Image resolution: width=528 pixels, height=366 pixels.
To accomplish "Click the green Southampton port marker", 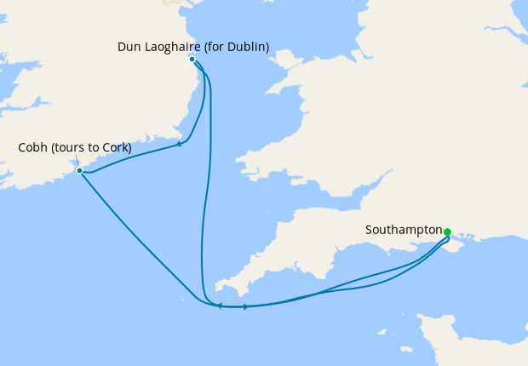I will [447, 232].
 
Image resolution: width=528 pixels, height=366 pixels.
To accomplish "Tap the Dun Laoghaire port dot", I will [192, 59].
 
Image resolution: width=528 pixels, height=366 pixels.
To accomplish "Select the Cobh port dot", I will [79, 170].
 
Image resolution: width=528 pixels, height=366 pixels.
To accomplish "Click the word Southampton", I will [404, 230].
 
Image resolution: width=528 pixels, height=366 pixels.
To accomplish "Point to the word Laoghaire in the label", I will [172, 47].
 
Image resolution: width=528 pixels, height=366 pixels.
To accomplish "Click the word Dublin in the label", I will [246, 47].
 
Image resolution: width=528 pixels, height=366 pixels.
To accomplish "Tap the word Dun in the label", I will [129, 47].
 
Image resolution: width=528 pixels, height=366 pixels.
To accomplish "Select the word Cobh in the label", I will [32, 148].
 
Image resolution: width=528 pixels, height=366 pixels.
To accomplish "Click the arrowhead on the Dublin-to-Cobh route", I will [179, 145].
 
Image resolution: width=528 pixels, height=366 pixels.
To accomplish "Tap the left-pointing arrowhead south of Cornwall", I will [219, 306].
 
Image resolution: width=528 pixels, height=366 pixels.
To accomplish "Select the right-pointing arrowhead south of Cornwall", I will [246, 306].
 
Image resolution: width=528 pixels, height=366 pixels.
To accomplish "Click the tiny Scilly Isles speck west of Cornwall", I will [183, 299].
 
